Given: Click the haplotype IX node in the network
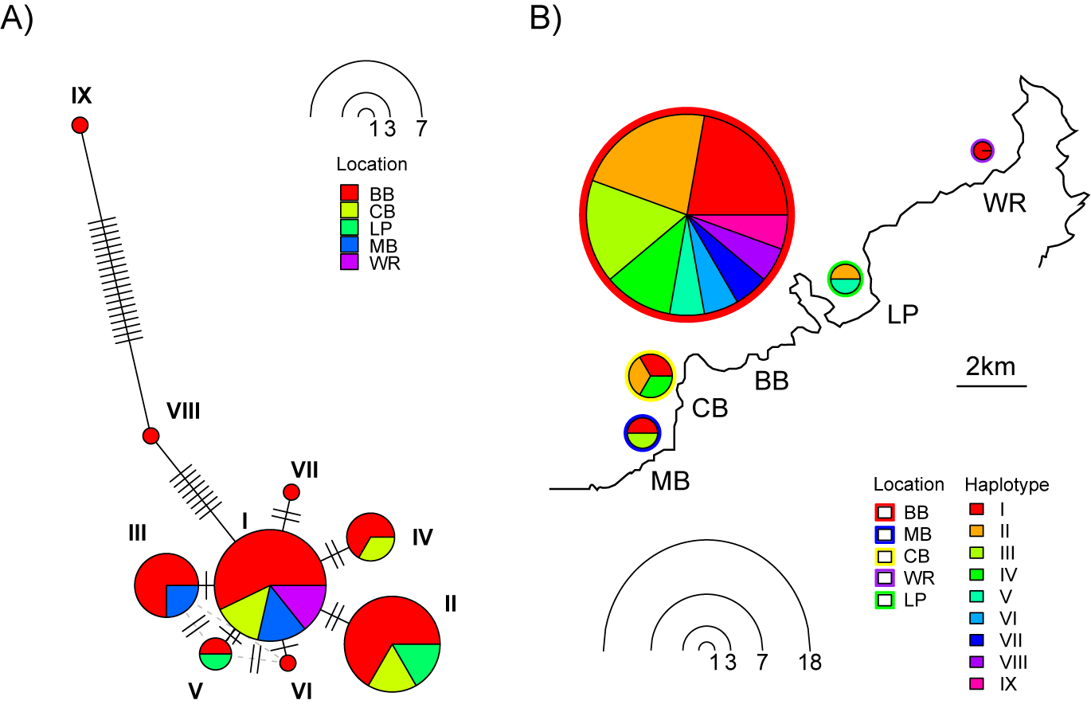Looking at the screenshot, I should point(80,125).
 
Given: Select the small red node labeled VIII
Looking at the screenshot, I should point(151,436).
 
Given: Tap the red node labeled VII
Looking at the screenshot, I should point(291,492).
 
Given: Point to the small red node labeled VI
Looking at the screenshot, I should point(288,662).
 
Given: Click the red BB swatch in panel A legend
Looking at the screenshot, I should point(349,193).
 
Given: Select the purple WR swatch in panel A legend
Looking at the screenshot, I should point(349,263).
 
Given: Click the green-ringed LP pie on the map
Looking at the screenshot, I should point(845,279).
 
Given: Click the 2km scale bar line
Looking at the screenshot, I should point(991,387).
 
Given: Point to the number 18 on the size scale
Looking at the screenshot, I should point(810,662).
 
